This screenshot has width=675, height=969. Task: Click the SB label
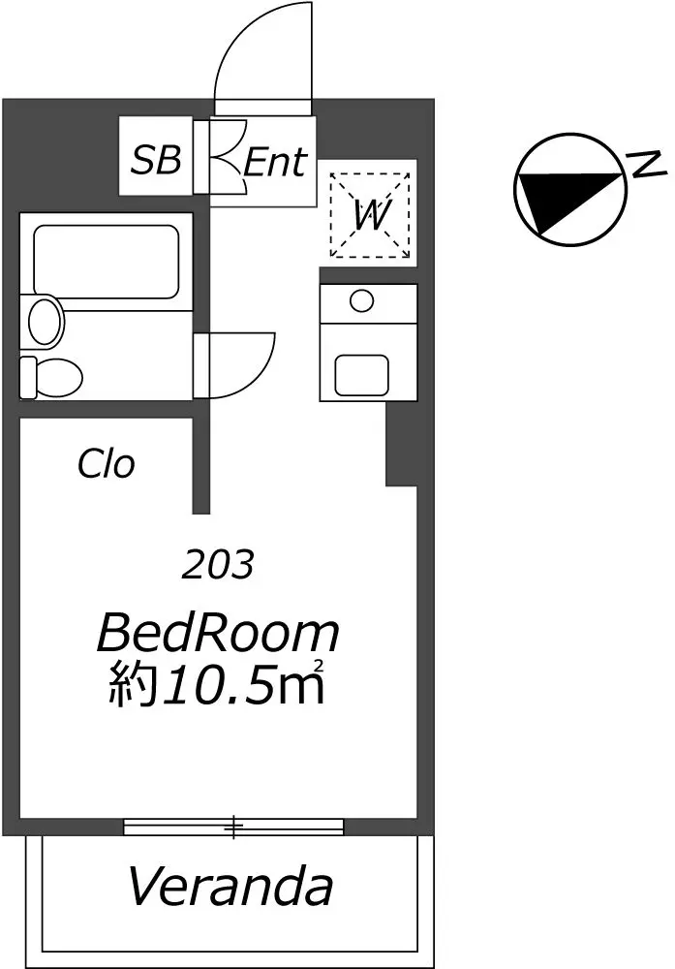pyautogui.click(x=157, y=160)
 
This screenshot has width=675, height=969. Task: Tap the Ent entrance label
pyautogui.click(x=275, y=163)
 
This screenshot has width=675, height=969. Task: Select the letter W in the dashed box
pyautogui.click(x=373, y=216)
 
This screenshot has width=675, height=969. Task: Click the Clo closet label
pyautogui.click(x=106, y=463)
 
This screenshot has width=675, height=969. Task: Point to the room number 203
pyautogui.click(x=217, y=564)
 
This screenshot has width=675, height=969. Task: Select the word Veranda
pyautogui.click(x=230, y=887)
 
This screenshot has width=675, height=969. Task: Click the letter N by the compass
pyautogui.click(x=646, y=165)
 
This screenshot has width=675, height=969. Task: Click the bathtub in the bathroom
pyautogui.click(x=107, y=260)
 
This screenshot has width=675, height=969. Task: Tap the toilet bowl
pyautogui.click(x=59, y=377)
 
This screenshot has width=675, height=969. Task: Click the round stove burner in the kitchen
pyautogui.click(x=361, y=301)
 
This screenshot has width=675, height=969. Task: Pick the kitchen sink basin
pyautogui.click(x=362, y=375)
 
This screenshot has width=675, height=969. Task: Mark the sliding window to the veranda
pyautogui.click(x=233, y=827)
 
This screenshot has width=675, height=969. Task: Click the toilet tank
pyautogui.click(x=28, y=377)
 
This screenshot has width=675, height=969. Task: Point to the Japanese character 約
pyautogui.click(x=131, y=684)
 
